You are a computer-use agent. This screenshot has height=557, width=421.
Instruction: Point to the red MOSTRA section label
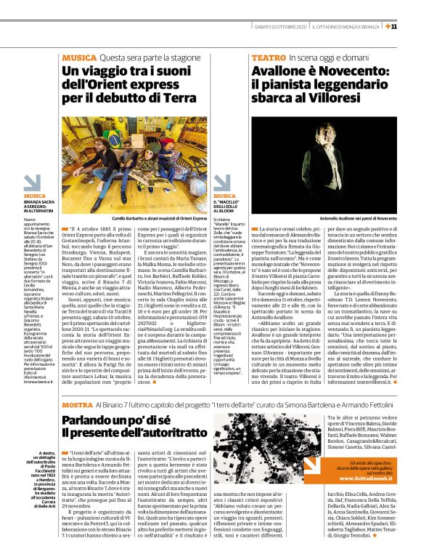77,404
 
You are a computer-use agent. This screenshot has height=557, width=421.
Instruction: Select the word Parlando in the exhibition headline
92,421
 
